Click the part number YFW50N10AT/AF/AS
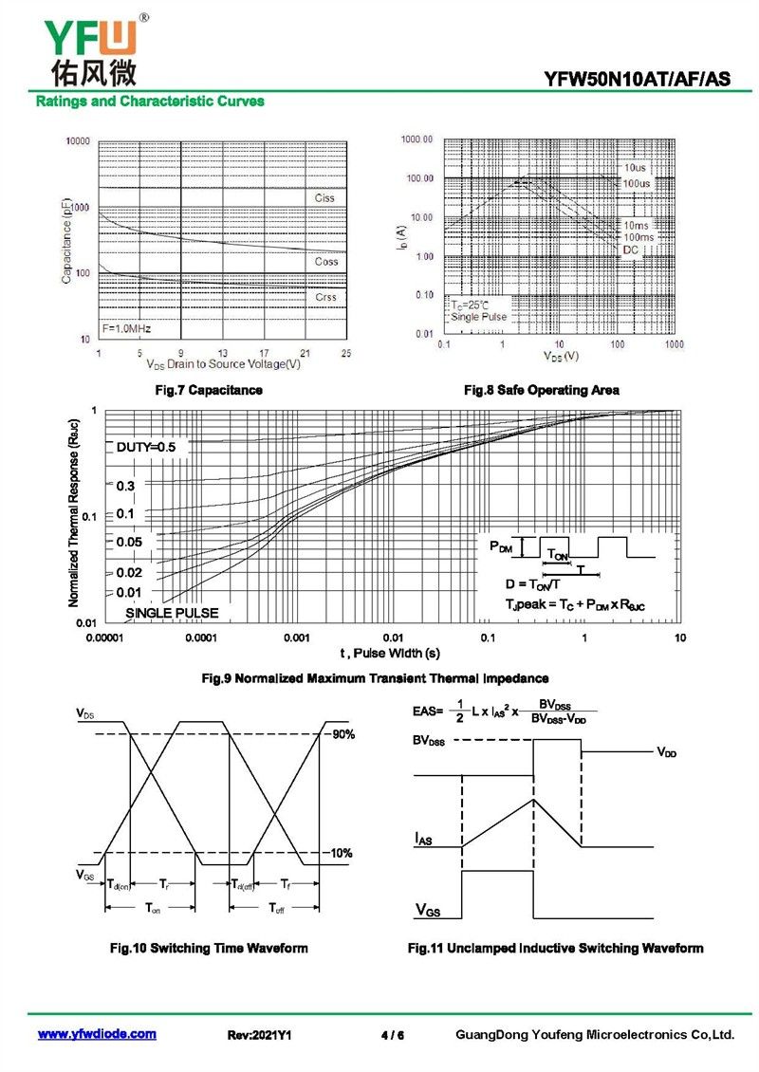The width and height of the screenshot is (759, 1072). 638,80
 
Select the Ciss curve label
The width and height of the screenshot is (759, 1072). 324,198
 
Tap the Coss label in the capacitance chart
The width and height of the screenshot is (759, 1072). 325,261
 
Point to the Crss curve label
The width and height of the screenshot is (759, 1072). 325,297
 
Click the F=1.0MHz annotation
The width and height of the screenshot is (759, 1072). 126,329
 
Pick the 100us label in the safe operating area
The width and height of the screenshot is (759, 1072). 637,182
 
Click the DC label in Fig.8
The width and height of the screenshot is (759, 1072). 631,250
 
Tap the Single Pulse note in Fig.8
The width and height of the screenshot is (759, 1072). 479,316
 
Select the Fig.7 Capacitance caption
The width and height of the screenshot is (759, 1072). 209,390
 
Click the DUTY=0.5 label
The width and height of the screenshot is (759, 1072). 146,446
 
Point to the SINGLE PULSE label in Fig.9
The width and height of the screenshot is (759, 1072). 172,613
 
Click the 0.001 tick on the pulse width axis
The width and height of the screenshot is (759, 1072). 297,638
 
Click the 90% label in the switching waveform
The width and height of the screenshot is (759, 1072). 342,734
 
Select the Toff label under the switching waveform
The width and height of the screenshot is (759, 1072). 276,909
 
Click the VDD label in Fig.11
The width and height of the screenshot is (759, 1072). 667,751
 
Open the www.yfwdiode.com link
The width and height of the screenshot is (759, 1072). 97,1034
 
